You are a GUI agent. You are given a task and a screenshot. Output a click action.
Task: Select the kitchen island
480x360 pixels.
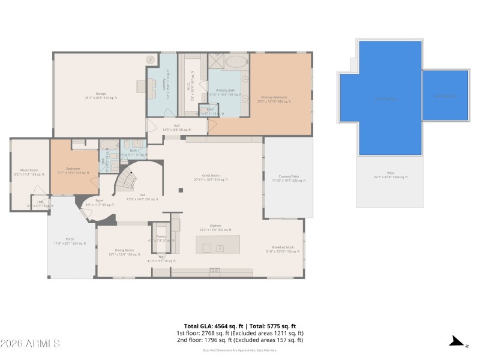[x=217, y=245]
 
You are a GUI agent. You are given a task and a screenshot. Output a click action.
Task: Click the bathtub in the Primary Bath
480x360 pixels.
[x=236, y=61]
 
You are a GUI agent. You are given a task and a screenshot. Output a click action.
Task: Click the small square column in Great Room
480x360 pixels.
[x=181, y=191]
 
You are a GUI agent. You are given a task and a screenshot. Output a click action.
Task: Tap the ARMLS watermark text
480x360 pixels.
[x=30, y=344]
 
